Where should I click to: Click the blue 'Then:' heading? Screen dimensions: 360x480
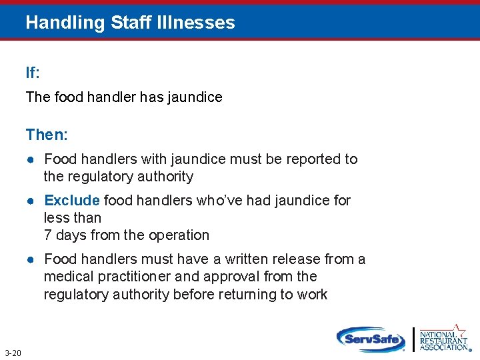coord(47,135)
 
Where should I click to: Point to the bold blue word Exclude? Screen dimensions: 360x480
coord(72,200)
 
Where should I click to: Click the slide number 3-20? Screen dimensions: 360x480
coord(13,353)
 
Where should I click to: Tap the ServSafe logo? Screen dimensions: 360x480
coord(371,339)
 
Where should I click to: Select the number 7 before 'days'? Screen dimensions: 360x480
coord(47,235)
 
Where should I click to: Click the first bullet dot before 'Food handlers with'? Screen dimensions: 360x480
coord(31,159)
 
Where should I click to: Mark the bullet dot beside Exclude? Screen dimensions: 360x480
coord(31,201)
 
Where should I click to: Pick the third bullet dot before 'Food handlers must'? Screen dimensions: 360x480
coord(31,259)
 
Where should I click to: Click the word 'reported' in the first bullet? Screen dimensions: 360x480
coord(316,159)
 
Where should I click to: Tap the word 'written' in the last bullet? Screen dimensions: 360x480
coord(253,259)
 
